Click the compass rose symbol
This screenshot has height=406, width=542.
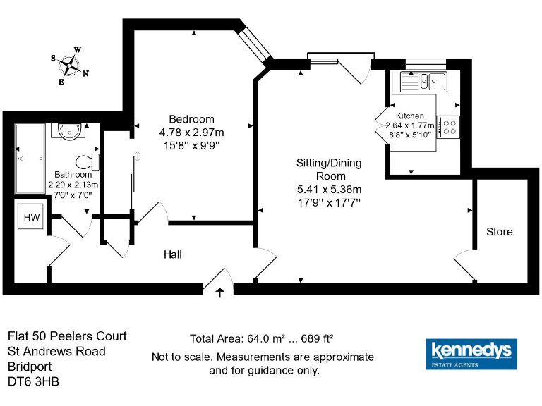(69, 65)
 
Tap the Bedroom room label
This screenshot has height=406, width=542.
(191, 118)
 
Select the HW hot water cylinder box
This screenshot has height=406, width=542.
(32, 218)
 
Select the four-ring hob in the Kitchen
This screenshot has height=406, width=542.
(448, 127)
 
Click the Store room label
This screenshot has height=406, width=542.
(500, 231)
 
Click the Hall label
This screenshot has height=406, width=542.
(174, 254)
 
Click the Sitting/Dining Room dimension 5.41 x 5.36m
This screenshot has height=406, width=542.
(330, 190)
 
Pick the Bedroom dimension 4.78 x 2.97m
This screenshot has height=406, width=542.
(191, 132)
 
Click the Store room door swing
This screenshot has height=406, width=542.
(465, 265)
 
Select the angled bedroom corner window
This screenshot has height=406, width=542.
(255, 44)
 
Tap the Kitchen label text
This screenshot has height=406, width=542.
(410, 116)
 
